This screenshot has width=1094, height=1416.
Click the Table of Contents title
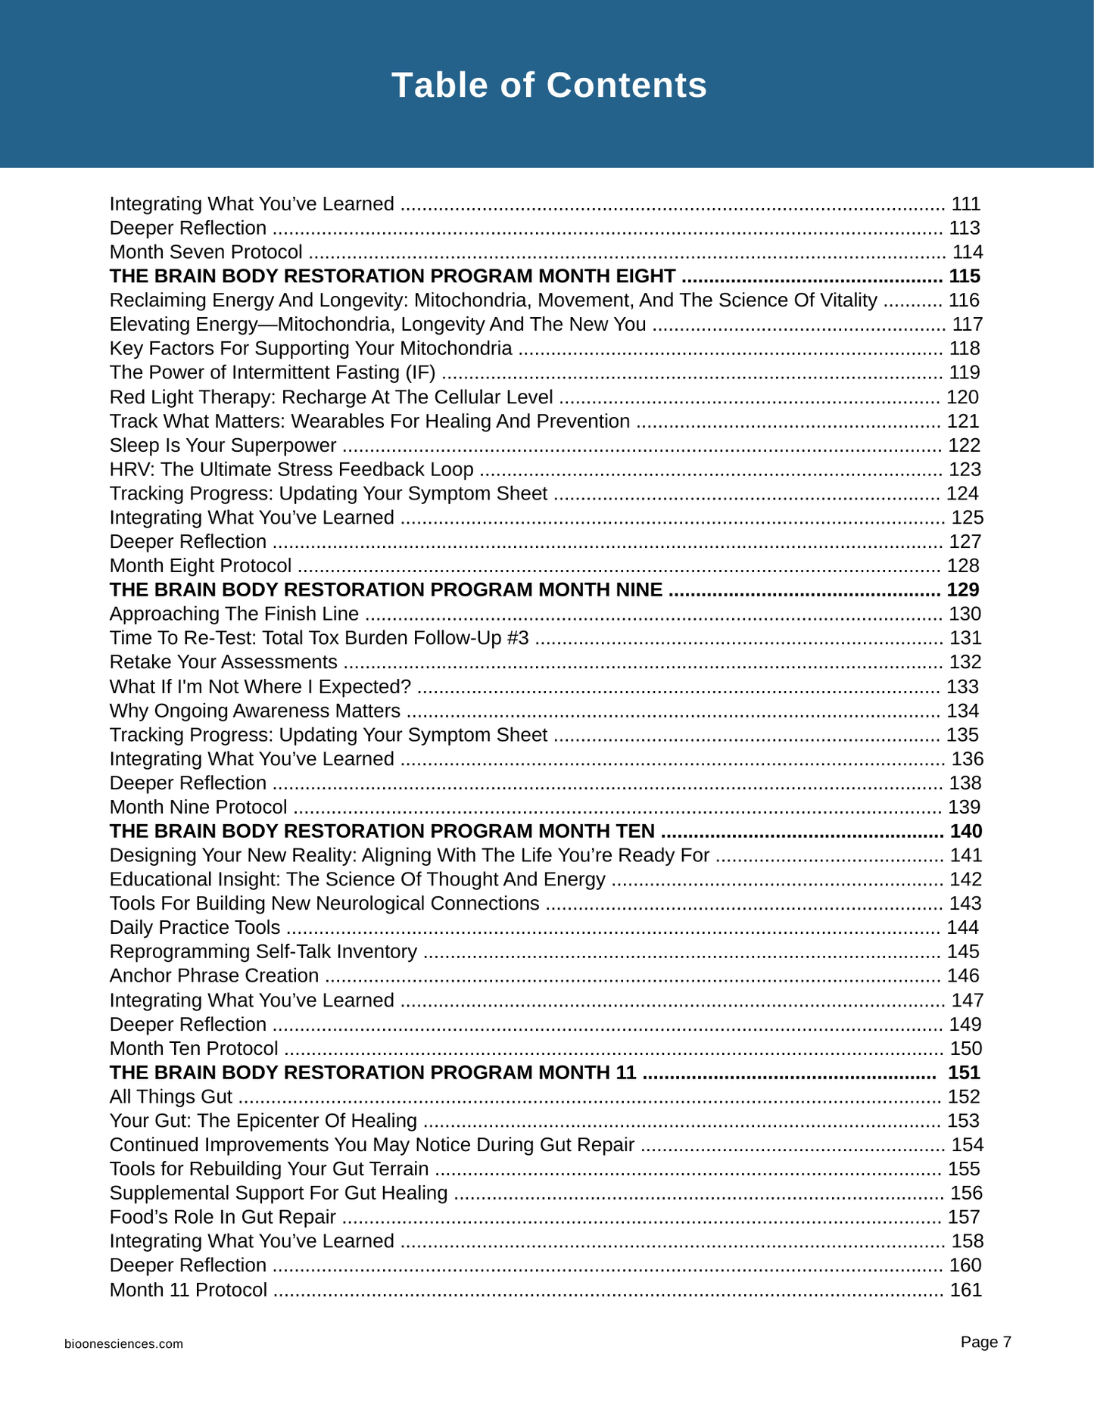(x=549, y=85)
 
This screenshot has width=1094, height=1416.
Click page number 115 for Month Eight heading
(x=965, y=276)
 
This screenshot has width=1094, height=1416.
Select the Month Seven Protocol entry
(x=206, y=252)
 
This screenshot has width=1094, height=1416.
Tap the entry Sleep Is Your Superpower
(x=223, y=445)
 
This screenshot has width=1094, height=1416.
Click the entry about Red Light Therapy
(x=331, y=397)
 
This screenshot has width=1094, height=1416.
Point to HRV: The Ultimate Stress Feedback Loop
(x=291, y=469)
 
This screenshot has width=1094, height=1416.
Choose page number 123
(x=965, y=469)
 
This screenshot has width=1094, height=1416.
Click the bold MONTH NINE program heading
(x=385, y=590)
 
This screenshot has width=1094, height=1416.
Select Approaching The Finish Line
(x=234, y=614)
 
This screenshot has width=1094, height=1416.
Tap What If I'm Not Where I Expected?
(x=260, y=686)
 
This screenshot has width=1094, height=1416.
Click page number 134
(x=962, y=711)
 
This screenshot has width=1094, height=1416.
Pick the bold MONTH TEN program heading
(x=382, y=831)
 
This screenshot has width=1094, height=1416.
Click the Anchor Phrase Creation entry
(x=214, y=976)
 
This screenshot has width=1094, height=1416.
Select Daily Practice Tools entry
(x=195, y=927)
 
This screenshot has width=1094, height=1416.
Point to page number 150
(x=965, y=1048)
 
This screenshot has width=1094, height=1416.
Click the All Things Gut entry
(x=170, y=1097)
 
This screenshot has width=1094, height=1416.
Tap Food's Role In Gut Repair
(x=223, y=1217)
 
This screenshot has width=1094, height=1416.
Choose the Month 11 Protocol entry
(x=188, y=1290)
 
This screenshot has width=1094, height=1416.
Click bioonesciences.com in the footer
(x=123, y=1344)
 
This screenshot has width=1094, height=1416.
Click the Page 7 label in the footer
(x=986, y=1342)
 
